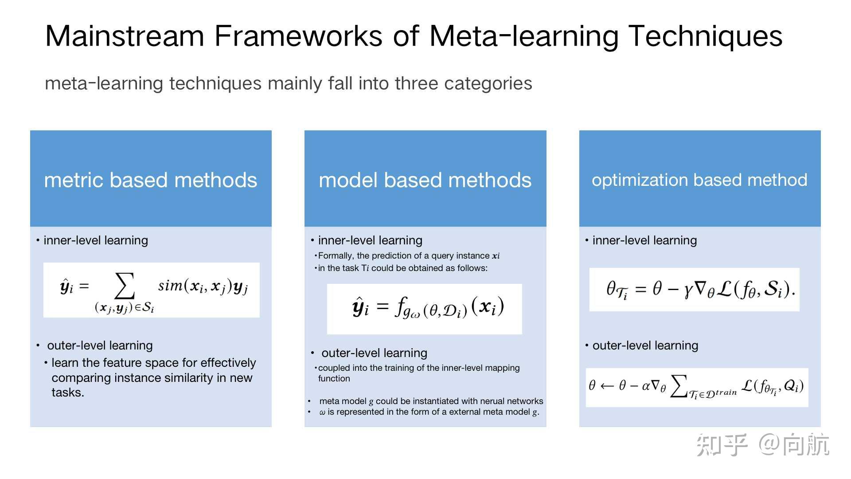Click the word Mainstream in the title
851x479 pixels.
tap(125, 36)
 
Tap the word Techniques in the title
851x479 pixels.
tap(705, 36)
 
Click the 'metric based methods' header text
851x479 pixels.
tap(151, 180)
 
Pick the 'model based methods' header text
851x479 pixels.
tap(425, 180)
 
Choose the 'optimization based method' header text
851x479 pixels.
tap(699, 180)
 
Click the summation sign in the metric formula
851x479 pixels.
tap(125, 286)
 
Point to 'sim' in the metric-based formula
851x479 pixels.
tap(170, 286)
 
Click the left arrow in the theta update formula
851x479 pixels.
tap(607, 386)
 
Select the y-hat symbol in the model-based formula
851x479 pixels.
tap(360, 307)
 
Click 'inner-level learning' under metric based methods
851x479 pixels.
tap(96, 240)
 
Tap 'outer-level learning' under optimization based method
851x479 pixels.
tap(645, 346)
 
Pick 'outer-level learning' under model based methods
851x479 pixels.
tap(374, 353)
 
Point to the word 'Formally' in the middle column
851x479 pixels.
tap(335, 256)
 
